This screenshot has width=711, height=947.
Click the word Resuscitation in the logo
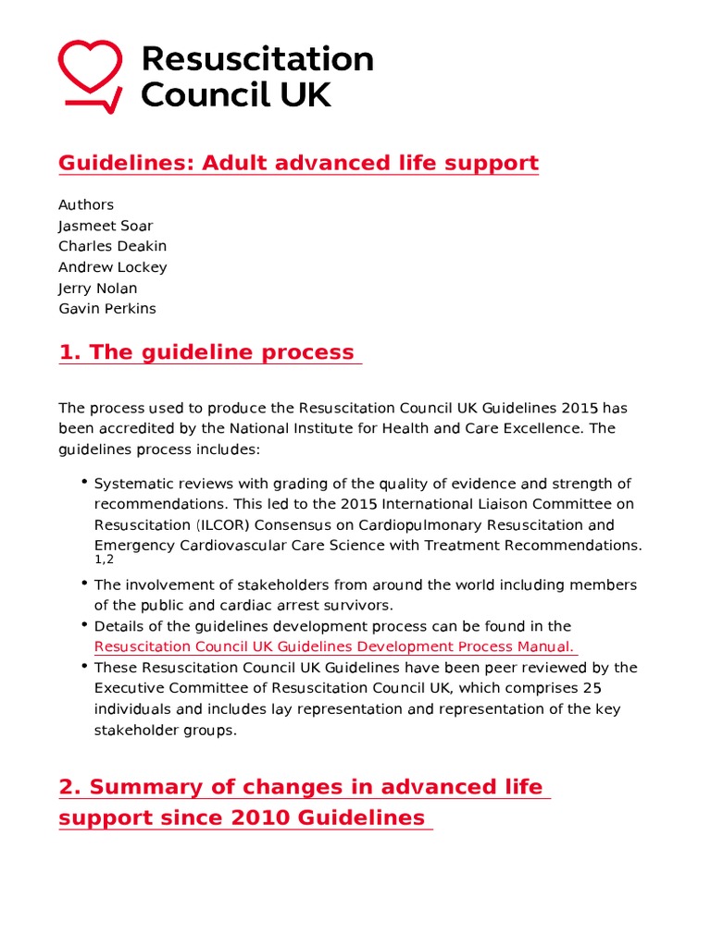(256, 59)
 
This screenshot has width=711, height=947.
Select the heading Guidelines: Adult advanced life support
(298, 164)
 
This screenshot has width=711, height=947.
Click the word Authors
(86, 204)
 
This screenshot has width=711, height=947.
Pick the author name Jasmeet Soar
(106, 226)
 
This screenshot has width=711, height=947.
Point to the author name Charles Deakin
(112, 246)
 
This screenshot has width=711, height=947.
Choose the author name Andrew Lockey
(112, 267)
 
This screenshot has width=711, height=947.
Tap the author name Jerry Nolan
(97, 288)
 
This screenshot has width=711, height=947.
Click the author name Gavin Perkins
(106, 309)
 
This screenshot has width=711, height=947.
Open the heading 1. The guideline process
(206, 352)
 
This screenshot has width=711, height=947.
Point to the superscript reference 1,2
(104, 560)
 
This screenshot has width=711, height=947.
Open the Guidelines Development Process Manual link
(334, 646)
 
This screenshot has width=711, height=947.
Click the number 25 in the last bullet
(592, 688)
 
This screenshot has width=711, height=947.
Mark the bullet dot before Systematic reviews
(84, 482)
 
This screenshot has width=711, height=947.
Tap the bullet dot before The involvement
(84, 584)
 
